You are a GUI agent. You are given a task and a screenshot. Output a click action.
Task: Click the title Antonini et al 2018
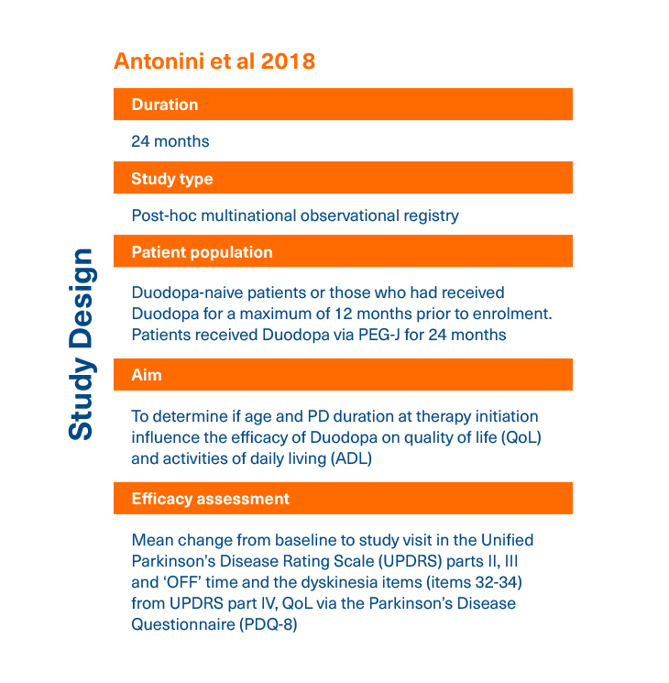(x=214, y=61)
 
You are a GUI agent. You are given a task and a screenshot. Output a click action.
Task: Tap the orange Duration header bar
(x=343, y=105)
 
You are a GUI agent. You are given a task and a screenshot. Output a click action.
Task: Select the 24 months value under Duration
(x=170, y=142)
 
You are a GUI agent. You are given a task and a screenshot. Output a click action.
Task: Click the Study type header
(x=343, y=179)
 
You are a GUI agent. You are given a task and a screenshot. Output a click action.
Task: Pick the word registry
(x=430, y=216)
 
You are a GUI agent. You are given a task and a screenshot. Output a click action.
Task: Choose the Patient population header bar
(x=343, y=252)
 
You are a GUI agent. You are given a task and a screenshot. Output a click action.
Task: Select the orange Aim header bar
(x=343, y=375)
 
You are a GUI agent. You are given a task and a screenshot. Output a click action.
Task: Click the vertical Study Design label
(x=82, y=344)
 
